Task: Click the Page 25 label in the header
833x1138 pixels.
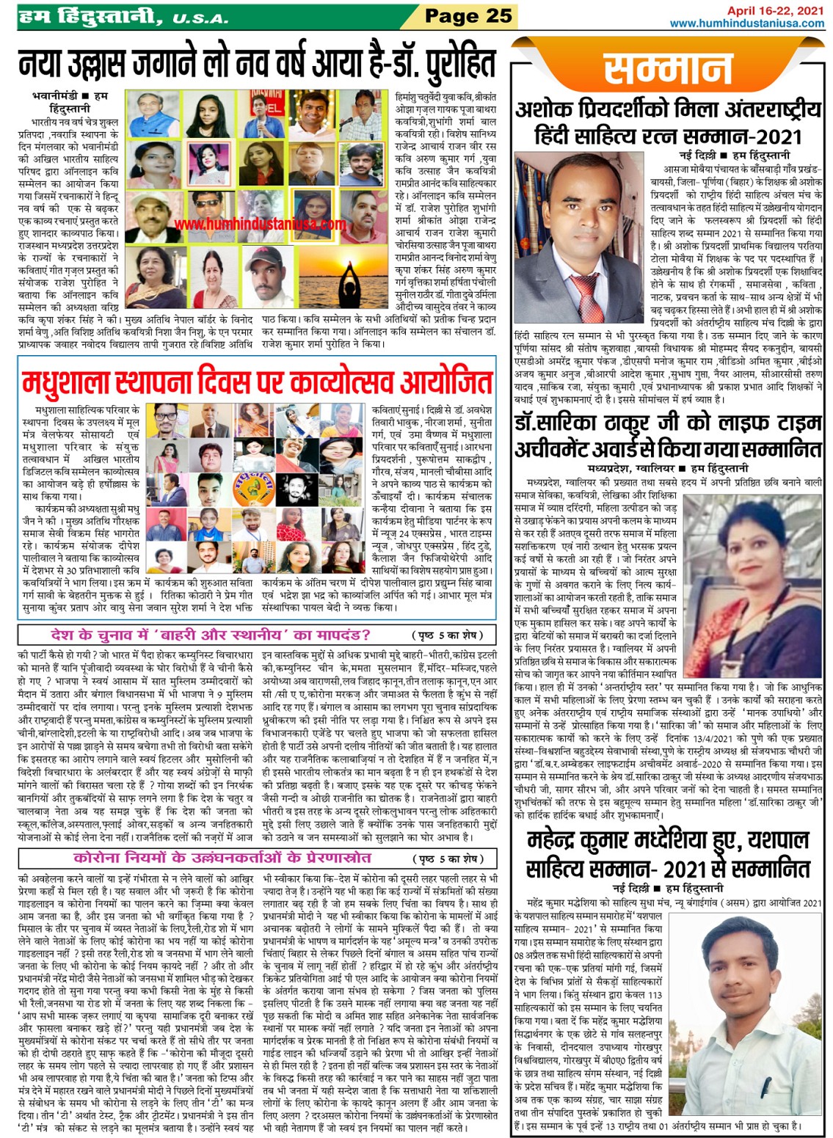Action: (x=468, y=16)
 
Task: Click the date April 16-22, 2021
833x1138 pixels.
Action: (x=775, y=10)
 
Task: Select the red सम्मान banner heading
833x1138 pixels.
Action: (x=667, y=70)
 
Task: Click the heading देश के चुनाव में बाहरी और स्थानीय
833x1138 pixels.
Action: (x=211, y=635)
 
